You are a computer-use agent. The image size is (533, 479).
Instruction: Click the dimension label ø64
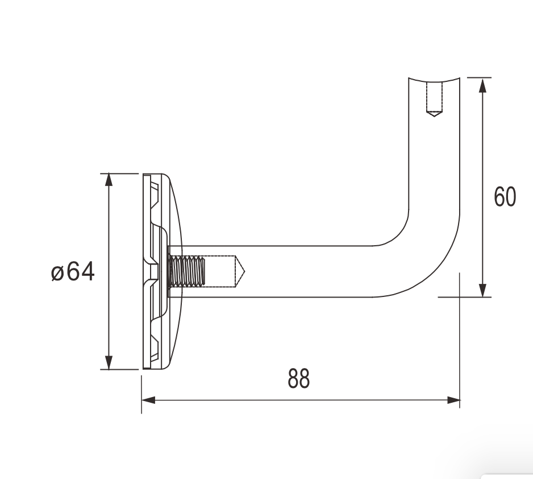pyautogui.click(x=73, y=271)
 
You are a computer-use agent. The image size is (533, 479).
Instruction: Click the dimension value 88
pyautogui.click(x=299, y=378)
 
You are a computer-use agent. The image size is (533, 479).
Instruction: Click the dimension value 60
pyautogui.click(x=505, y=197)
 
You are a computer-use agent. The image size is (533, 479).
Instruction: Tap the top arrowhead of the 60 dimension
pyautogui.click(x=482, y=85)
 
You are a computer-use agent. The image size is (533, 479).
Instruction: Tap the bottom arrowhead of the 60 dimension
pyautogui.click(x=482, y=290)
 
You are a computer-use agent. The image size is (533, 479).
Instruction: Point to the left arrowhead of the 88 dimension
pyautogui.click(x=148, y=400)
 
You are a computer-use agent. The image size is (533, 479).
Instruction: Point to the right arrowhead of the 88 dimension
pyautogui.click(x=453, y=400)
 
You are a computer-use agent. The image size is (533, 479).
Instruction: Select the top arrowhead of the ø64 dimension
pyautogui.click(x=109, y=180)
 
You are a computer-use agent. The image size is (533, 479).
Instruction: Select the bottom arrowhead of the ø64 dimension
pyautogui.click(x=109, y=362)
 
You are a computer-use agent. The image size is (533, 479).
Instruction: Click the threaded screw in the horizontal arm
pyautogui.click(x=187, y=271)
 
